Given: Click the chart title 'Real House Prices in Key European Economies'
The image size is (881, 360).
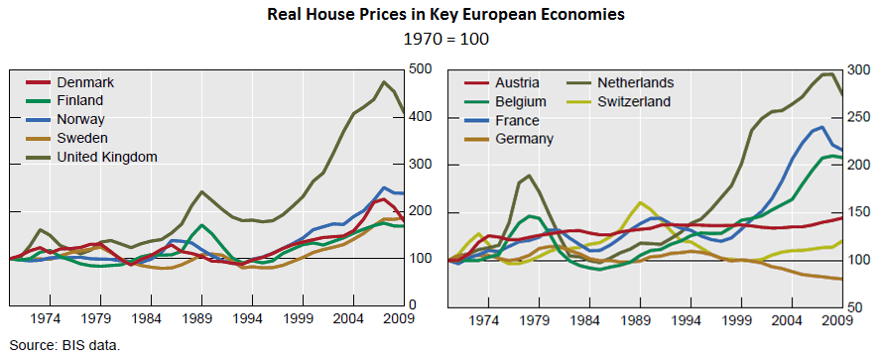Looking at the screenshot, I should (x=440, y=16).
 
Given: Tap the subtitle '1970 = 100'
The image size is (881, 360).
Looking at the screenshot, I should (x=440, y=40).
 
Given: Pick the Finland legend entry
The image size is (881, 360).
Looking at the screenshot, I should (x=80, y=100).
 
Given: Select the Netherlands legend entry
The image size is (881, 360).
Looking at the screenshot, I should (x=635, y=82).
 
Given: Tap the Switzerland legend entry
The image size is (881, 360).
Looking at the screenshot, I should (x=634, y=101).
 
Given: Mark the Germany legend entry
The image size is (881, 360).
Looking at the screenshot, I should (x=523, y=139).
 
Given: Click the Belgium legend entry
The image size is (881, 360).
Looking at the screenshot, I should (x=520, y=101).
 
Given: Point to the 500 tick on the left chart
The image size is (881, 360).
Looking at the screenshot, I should (x=421, y=69).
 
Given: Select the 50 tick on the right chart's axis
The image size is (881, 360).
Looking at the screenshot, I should (x=853, y=306).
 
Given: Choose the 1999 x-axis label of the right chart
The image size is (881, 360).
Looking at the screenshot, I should (x=735, y=320).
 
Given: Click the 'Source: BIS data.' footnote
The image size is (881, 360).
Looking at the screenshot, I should (x=62, y=346).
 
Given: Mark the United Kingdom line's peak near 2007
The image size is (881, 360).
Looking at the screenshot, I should (x=383, y=81).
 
